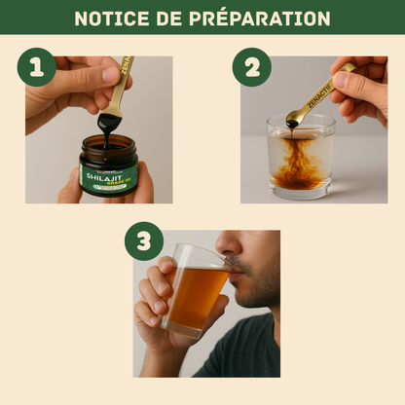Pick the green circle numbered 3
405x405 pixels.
(x=143, y=240)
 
